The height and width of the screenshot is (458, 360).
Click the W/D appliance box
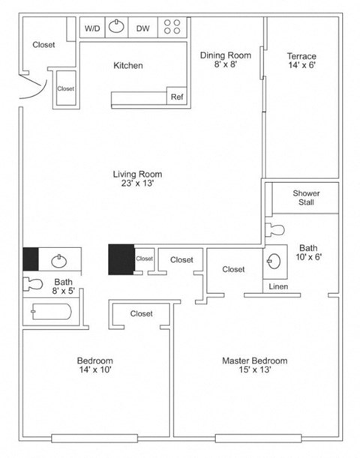click(92, 28)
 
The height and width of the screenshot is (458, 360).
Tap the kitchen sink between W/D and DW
click(117, 28)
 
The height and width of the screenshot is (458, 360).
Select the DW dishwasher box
click(142, 28)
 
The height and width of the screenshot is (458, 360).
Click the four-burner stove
click(172, 28)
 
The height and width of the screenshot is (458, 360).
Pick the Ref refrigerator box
click(177, 97)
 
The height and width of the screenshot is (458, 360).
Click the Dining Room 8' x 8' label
click(225, 60)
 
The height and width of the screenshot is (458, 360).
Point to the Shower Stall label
click(306, 198)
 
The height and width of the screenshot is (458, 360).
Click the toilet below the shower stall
click(275, 228)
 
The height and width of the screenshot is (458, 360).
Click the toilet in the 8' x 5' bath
click(34, 284)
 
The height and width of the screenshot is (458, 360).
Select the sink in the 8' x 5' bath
click(58, 260)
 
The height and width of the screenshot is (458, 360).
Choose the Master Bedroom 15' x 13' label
click(254, 366)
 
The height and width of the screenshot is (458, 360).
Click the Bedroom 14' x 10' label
click(94, 366)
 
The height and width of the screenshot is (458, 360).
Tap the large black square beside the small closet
click(121, 259)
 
